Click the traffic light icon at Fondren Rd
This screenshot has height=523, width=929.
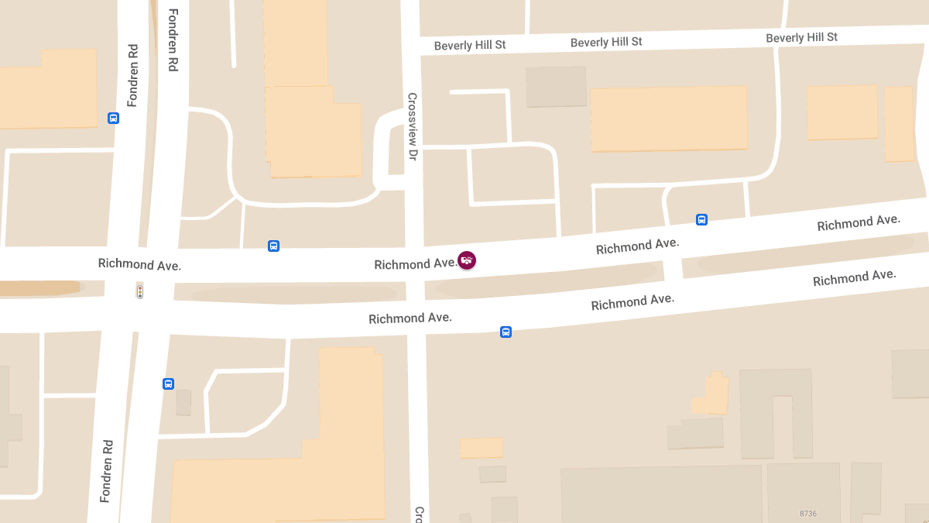[140, 291]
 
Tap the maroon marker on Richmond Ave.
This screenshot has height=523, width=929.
[467, 260]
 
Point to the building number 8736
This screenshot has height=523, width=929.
[807, 514]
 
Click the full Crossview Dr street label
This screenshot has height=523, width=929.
[413, 126]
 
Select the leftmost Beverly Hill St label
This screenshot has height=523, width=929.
[469, 46]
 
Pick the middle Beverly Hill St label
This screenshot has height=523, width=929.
[606, 42]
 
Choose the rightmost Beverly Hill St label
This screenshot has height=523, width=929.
[801, 37]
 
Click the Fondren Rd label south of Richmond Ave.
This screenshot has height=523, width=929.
[107, 471]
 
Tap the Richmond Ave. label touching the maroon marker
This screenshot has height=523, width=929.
[416, 264]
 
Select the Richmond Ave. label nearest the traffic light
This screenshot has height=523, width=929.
[139, 264]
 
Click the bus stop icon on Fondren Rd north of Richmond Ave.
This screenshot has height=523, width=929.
[114, 119]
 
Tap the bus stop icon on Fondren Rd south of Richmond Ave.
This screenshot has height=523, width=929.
[168, 384]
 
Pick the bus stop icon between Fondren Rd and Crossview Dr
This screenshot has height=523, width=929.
[273, 246]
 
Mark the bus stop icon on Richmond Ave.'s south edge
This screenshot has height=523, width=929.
[506, 332]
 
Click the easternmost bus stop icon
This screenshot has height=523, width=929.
[701, 219]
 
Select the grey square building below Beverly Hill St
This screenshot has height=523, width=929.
[556, 86]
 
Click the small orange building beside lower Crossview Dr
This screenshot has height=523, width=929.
[481, 448]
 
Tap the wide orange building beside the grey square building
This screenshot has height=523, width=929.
[668, 118]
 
